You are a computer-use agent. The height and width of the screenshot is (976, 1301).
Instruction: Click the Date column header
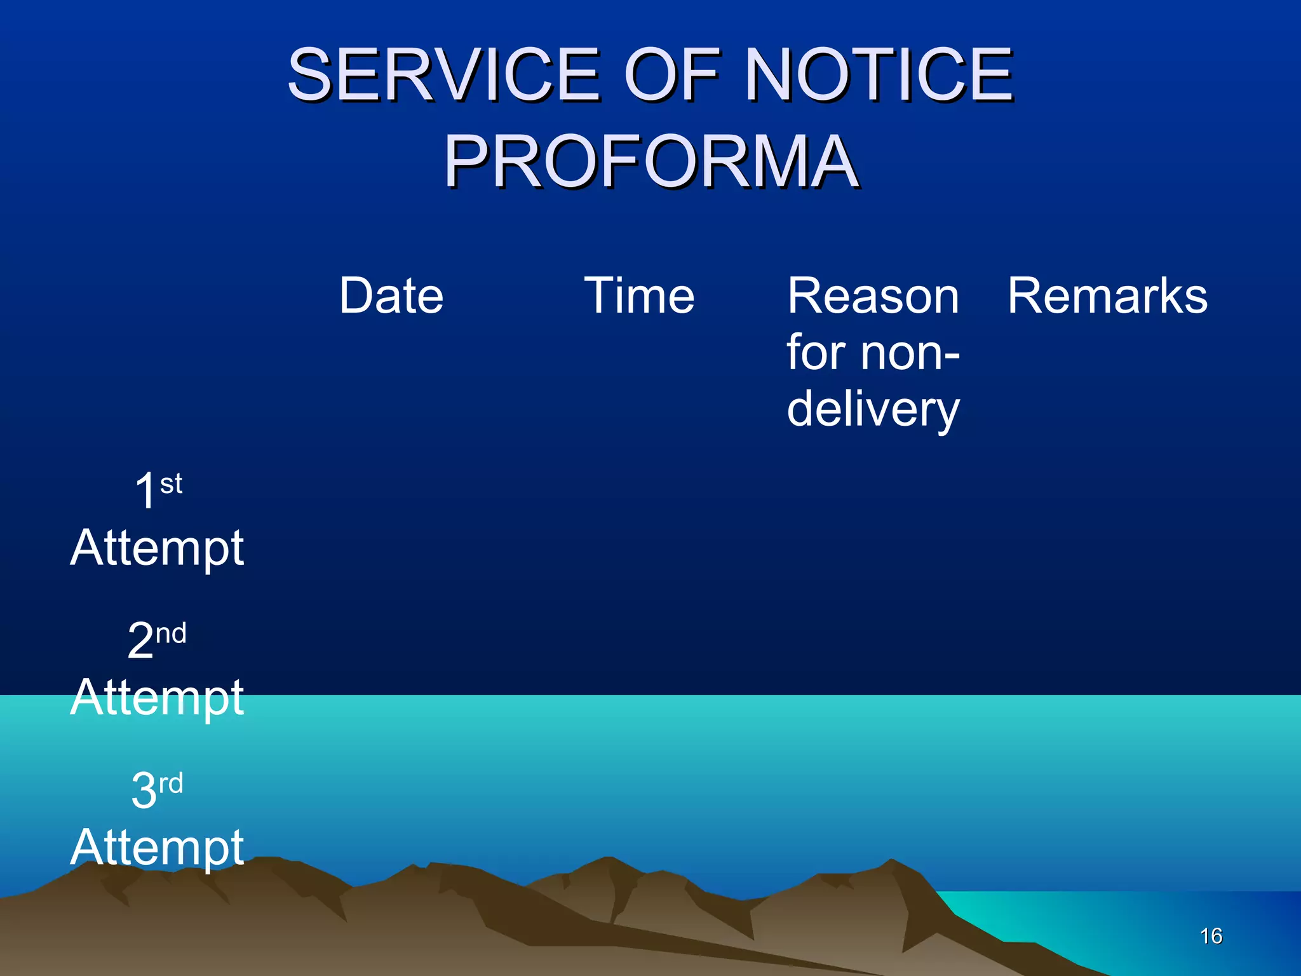pyautogui.click(x=391, y=296)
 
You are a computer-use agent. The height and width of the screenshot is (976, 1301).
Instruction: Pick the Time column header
pyautogui.click(x=639, y=296)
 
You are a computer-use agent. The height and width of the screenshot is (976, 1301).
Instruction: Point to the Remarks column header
pyautogui.click(x=1107, y=296)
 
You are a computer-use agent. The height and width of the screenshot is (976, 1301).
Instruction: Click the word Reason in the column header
pyautogui.click(x=873, y=296)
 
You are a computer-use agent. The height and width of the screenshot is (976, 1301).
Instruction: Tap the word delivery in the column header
pyautogui.click(x=873, y=410)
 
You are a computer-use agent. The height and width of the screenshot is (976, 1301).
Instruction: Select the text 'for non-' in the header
pyautogui.click(x=873, y=353)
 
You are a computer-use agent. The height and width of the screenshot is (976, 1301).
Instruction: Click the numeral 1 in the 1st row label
pyautogui.click(x=145, y=491)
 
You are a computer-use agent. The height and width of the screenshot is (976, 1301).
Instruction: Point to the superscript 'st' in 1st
pyautogui.click(x=171, y=484)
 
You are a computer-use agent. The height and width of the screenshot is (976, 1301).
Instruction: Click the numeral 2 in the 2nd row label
pyautogui.click(x=140, y=640)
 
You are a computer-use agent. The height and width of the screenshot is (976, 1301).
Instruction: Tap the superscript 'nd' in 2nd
pyautogui.click(x=171, y=634)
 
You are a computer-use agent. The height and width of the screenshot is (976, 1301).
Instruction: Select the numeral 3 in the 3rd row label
pyautogui.click(x=144, y=790)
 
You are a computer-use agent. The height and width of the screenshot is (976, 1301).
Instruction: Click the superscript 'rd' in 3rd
pyautogui.click(x=171, y=783)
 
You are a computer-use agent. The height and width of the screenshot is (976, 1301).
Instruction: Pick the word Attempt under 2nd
pyautogui.click(x=157, y=698)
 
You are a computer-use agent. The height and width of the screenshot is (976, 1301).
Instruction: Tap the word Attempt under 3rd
pyautogui.click(x=157, y=848)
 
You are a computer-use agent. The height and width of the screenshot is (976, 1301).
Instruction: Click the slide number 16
pyautogui.click(x=1211, y=936)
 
